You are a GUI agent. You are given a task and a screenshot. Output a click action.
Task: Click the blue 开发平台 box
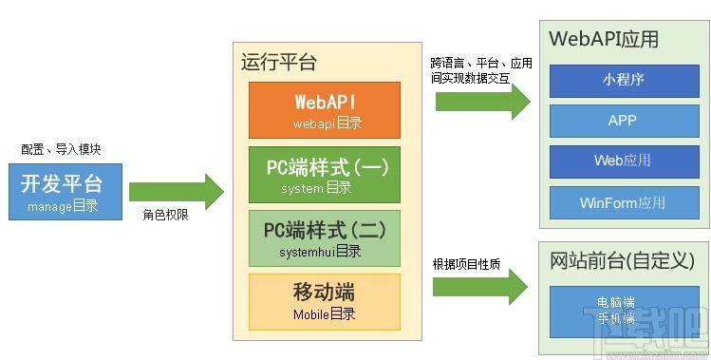point(62,191)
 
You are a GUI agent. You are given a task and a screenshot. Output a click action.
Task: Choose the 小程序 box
point(623,80)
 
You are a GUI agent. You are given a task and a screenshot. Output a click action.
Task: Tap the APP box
point(623,121)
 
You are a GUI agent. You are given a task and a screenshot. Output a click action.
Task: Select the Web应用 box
point(623,161)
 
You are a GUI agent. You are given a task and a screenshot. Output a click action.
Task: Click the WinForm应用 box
point(623,202)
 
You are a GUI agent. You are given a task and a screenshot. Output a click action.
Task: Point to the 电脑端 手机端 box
point(623,310)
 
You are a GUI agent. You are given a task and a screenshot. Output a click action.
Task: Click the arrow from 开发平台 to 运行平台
point(176,191)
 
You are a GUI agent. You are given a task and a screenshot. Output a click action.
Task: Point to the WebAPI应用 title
point(604,40)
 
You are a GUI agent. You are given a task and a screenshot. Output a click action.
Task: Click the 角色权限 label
point(165,216)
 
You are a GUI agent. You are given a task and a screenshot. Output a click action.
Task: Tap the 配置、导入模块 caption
point(61,149)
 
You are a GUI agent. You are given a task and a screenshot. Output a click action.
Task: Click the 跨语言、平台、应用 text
point(481,63)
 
